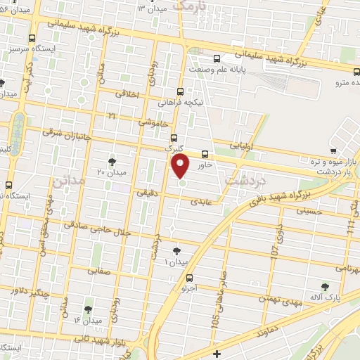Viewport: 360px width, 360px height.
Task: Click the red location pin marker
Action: pos(181,167)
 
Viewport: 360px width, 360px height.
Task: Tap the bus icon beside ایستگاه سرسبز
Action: pos(31,39)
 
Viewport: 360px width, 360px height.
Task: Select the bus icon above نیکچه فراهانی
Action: pos(181,91)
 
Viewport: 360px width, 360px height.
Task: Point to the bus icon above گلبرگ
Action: pos(174,139)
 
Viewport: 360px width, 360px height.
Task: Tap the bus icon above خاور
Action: pos(205,154)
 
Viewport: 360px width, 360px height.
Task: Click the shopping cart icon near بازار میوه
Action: pos(333,150)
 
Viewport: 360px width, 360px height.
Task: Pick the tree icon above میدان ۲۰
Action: pos(112,162)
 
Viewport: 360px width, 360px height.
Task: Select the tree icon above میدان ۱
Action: pos(176,251)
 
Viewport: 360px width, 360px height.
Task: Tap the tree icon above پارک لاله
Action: pos(324,286)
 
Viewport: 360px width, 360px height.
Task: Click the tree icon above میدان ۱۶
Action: pos(88,309)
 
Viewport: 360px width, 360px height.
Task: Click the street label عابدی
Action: pos(200,201)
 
